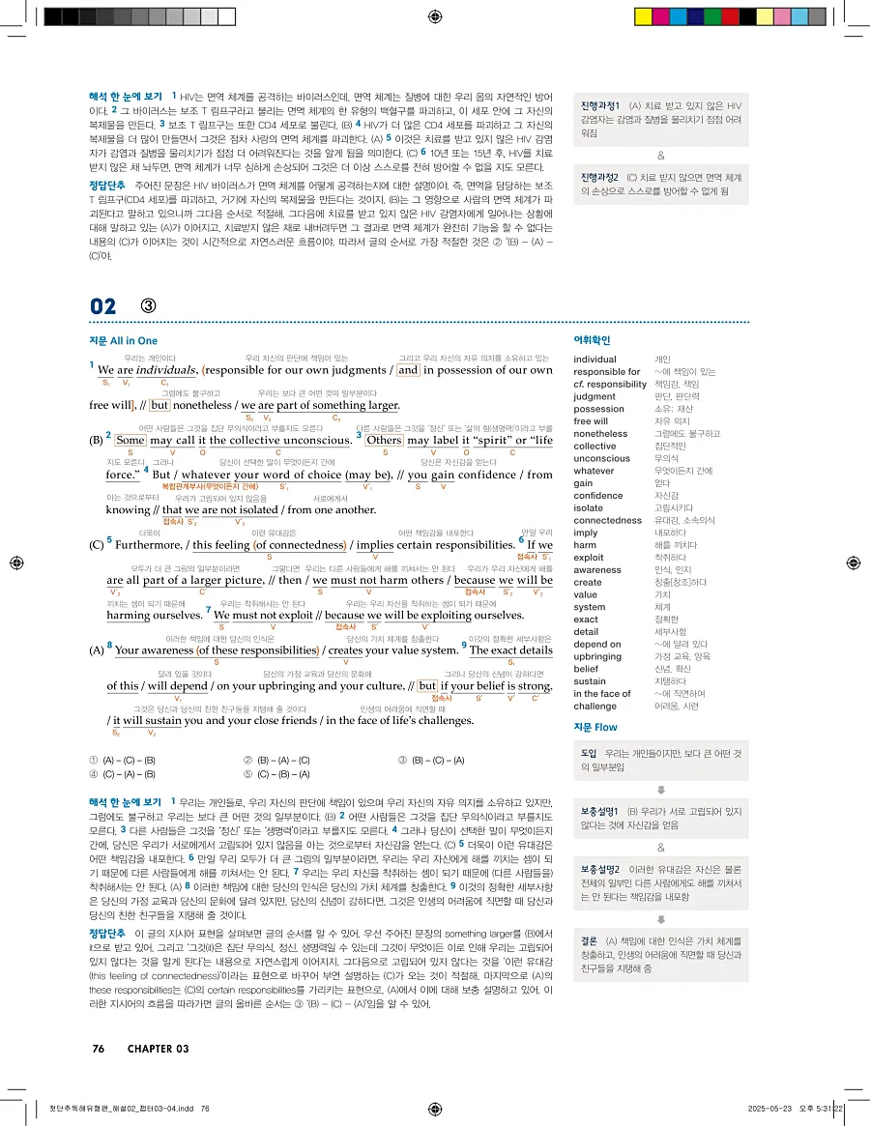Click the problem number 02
click(102, 306)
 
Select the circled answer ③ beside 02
click(148, 306)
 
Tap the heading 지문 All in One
click(123, 340)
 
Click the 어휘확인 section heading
click(593, 340)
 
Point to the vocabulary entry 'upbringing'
click(599, 656)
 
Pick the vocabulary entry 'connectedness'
click(608, 520)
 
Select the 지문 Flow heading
click(595, 727)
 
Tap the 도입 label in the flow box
click(589, 753)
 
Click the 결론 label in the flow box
click(589, 939)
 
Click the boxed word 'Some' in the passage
click(130, 440)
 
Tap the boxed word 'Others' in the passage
click(384, 440)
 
